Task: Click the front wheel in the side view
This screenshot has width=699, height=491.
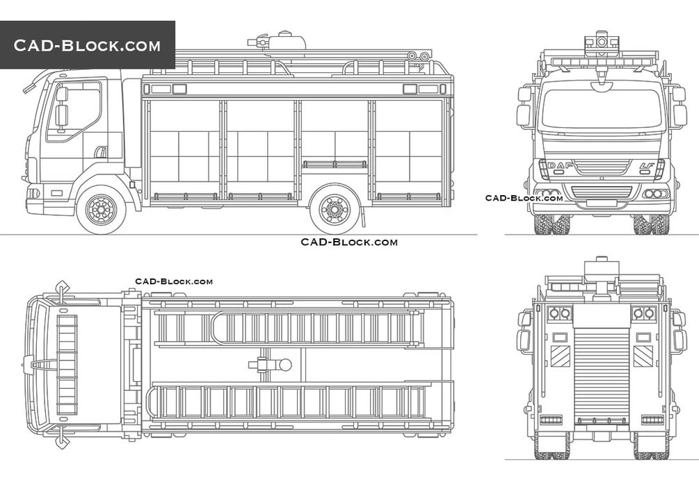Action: [x=102, y=209]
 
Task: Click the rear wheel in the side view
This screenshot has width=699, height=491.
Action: [x=335, y=209]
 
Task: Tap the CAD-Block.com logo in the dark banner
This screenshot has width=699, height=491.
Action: [x=87, y=46]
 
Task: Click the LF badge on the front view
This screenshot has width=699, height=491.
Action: [x=646, y=166]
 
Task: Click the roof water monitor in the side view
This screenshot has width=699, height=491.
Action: [x=282, y=41]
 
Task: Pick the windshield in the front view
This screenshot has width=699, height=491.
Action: [x=601, y=109]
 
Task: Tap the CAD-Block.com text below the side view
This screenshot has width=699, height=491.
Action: [x=349, y=242]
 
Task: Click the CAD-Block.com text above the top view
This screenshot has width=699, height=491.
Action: [x=174, y=281]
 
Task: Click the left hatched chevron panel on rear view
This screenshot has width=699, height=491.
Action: [x=561, y=356]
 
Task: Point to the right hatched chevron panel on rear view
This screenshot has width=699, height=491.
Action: [x=643, y=356]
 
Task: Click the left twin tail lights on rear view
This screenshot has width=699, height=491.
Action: [x=560, y=314]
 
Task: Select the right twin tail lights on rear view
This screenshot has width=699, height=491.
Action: [x=643, y=314]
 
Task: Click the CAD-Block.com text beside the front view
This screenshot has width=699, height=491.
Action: [x=524, y=198]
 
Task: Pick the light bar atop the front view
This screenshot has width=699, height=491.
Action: [x=601, y=62]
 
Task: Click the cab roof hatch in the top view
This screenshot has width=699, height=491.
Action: [x=67, y=365]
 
